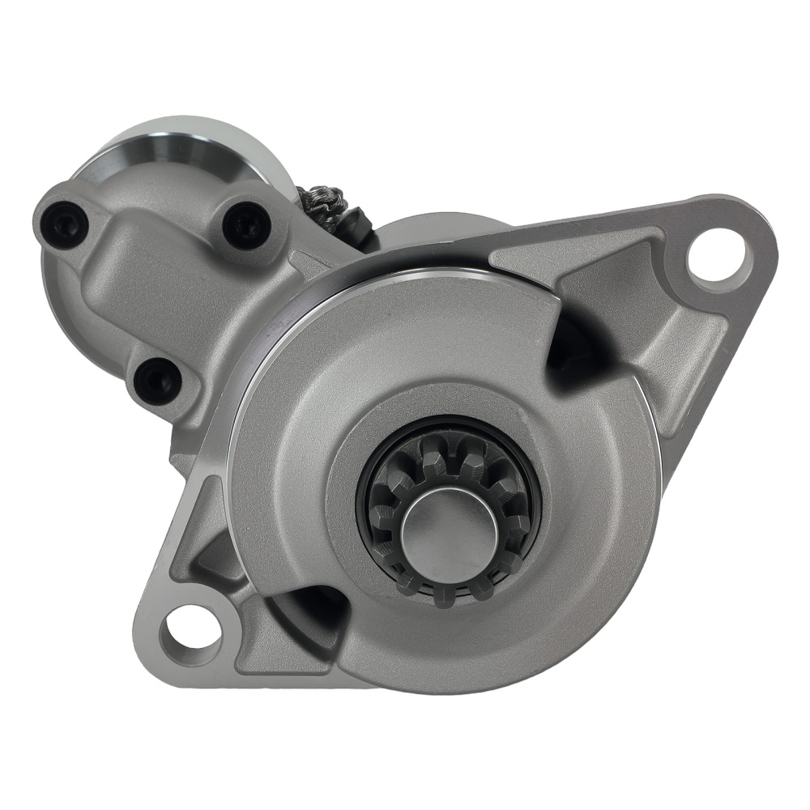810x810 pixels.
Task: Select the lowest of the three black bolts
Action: [x=157, y=379]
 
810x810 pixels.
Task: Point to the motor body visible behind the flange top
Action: [x=437, y=231]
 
